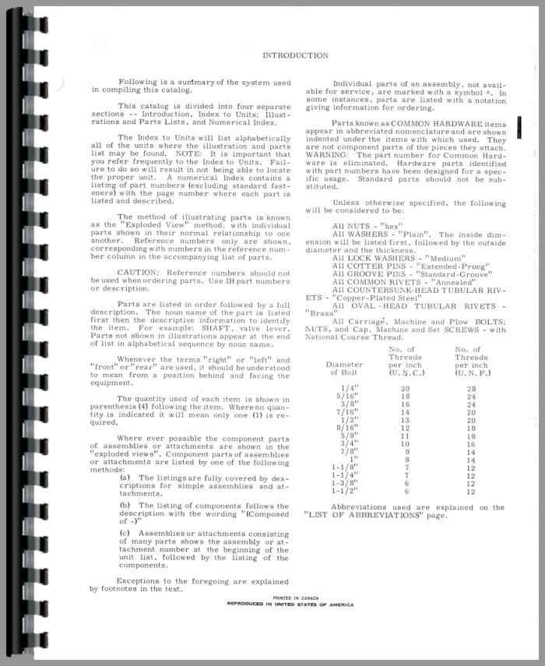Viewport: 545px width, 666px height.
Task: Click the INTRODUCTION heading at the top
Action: pos(295,55)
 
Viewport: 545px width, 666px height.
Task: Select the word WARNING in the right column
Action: pos(326,153)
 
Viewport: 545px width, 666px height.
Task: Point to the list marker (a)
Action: pos(124,477)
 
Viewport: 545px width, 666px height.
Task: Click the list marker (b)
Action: pos(124,505)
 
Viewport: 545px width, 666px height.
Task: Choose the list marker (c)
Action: pos(124,533)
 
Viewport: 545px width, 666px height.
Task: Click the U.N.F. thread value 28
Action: pos(470,388)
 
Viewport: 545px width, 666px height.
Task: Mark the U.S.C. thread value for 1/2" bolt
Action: pos(405,420)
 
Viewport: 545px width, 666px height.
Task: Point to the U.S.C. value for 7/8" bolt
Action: pos(405,452)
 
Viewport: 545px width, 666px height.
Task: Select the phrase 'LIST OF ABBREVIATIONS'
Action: pos(362,516)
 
